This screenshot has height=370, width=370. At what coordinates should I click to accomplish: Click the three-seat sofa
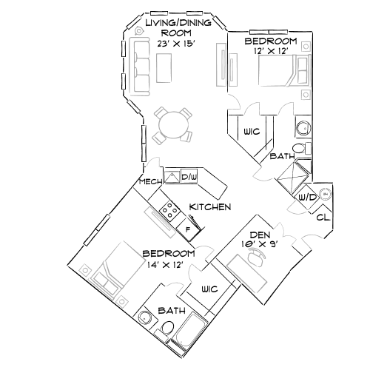(x=140, y=67)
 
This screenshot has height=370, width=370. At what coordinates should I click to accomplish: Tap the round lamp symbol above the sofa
(x=138, y=30)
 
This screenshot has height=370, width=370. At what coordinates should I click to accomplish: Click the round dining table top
(x=173, y=125)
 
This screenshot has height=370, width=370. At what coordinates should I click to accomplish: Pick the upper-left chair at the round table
(x=161, y=113)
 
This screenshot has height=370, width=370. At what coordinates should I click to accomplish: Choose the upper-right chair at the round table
(x=185, y=113)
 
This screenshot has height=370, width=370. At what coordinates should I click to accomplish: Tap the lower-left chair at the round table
(x=159, y=138)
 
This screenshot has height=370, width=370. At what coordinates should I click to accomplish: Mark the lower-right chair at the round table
(x=186, y=136)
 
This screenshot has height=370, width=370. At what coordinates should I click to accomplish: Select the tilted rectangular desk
(x=246, y=273)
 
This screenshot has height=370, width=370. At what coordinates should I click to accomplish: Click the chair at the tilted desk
(x=257, y=255)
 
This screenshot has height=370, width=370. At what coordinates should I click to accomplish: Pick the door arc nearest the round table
(x=154, y=162)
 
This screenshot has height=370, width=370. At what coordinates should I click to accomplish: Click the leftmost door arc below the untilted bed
(x=232, y=103)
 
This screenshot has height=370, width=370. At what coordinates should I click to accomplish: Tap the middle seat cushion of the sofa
(x=141, y=67)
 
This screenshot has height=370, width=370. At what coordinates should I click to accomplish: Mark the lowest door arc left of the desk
(x=175, y=288)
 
